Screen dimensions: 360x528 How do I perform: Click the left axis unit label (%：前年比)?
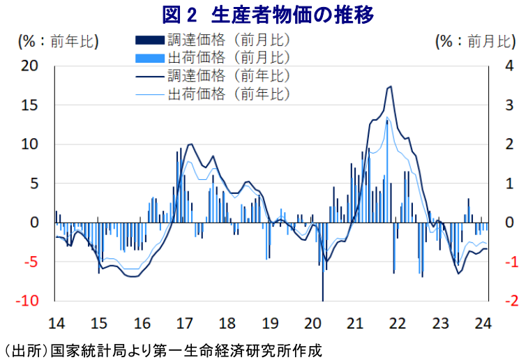(57, 42)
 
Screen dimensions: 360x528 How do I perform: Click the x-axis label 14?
(56, 323)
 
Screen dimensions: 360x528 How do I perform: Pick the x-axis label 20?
(313, 323)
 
